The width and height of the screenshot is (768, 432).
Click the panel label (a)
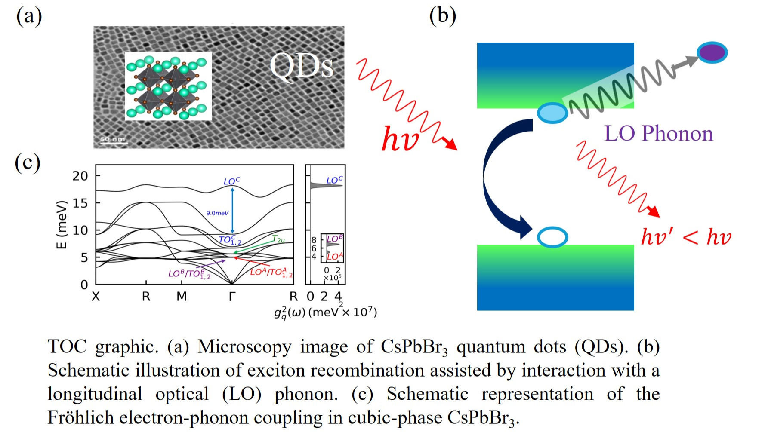click(29, 17)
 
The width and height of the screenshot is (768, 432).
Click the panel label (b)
click(442, 16)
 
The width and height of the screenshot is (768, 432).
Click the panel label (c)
click(28, 163)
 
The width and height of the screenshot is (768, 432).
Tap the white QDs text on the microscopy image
click(301, 67)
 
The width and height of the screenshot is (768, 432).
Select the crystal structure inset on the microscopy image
click(168, 86)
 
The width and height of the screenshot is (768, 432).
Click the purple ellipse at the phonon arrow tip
click(712, 52)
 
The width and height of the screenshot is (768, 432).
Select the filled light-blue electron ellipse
click(552, 113)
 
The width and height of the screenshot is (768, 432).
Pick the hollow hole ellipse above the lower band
click(552, 237)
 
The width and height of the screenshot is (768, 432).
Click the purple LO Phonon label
click(658, 133)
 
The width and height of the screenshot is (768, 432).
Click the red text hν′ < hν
click(686, 237)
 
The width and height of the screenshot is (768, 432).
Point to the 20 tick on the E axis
click(80, 176)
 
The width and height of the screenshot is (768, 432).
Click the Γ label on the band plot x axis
click(232, 297)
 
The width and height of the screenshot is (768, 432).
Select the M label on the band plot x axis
click(182, 297)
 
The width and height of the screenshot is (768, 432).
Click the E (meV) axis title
click(62, 224)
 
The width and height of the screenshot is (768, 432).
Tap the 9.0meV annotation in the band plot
click(217, 213)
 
